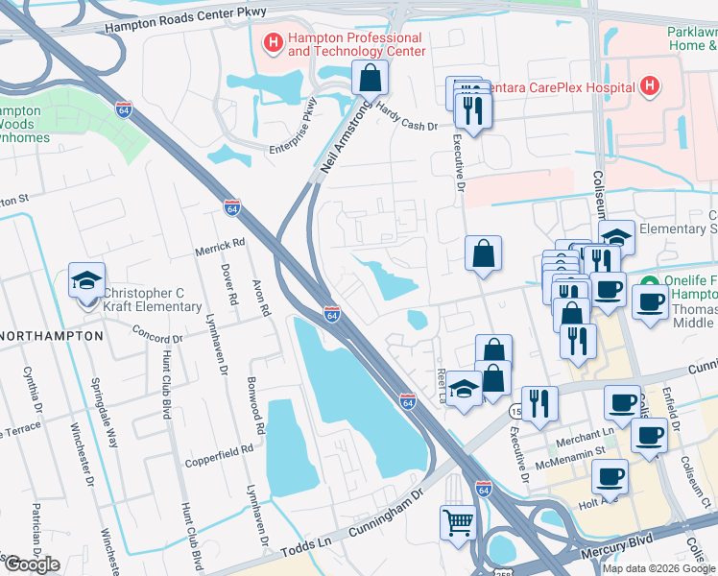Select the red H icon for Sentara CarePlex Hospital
click(650, 87)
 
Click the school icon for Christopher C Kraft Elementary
click(86, 280)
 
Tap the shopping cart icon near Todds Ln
click(459, 523)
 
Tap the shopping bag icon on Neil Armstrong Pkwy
click(369, 77)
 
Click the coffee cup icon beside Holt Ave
click(610, 475)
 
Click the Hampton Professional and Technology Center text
click(355, 44)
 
